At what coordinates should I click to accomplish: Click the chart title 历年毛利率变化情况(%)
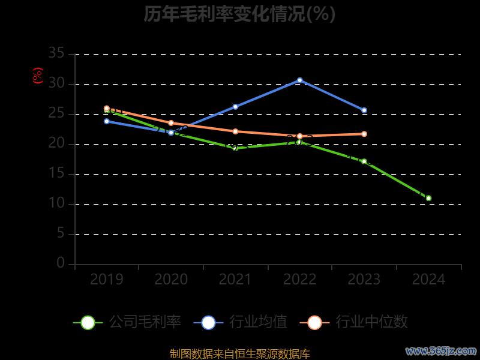coord(239,14)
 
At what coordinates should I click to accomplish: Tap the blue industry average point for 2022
coord(300,80)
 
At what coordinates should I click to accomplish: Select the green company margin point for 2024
coord(428,198)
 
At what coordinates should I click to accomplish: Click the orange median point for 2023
coord(364,134)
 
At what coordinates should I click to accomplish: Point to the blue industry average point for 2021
coord(235,107)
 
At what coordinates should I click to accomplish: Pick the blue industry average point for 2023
coord(364,110)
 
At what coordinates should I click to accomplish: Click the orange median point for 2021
coord(235,131)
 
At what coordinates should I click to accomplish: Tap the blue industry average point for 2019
coord(107,121)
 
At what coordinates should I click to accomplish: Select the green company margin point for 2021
coord(235,148)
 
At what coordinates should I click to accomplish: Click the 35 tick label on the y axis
coord(56,54)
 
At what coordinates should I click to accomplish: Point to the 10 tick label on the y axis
coord(56,204)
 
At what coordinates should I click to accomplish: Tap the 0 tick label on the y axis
coord(60,263)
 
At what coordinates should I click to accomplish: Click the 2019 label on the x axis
coord(107,280)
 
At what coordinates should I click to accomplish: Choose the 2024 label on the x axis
coord(428,280)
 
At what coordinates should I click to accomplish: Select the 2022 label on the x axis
coord(300,280)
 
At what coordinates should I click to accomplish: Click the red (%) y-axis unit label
coord(38,76)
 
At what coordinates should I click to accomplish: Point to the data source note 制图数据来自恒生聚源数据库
coord(240,353)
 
